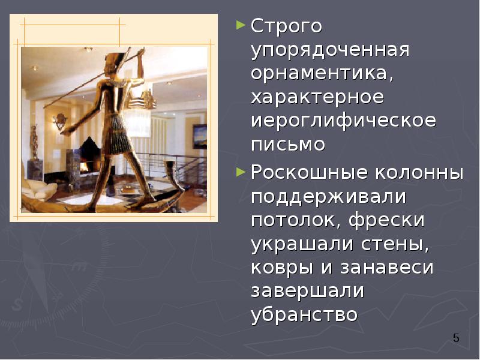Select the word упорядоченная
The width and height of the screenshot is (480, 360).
pos(330,50)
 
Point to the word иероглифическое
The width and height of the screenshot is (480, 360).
pos(344,121)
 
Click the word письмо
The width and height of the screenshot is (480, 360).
pos(288,145)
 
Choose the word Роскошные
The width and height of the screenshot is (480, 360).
pos(308,173)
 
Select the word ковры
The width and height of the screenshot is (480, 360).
pos(279,268)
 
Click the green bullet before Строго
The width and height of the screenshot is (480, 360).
pos(241,26)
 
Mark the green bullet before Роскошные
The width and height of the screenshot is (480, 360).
pos(241,172)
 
